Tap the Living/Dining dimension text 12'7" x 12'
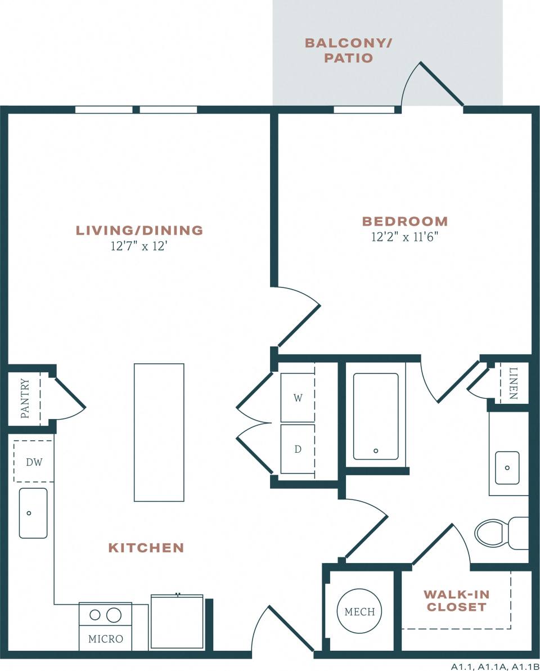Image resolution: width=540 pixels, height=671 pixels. [139, 246]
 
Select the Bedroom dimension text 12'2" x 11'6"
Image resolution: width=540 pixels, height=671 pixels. [404, 237]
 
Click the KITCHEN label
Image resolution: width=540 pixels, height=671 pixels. [146, 547]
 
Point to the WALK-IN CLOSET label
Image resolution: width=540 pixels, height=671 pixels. [456, 601]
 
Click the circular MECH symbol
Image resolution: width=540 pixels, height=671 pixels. [359, 611]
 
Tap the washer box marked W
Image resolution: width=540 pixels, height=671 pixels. [298, 398]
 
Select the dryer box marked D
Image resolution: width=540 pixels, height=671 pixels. [298, 449]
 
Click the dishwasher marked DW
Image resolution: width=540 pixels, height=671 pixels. [34, 462]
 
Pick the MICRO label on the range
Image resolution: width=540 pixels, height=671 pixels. [106, 639]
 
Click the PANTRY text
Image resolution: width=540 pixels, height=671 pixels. [25, 398]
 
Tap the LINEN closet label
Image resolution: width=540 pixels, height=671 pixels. [513, 383]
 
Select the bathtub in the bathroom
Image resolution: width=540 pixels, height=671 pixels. [376, 417]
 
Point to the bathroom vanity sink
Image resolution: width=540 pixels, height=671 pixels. [507, 467]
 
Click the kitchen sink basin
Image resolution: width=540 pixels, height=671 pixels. [33, 513]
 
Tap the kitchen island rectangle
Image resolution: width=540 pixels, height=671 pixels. [159, 432]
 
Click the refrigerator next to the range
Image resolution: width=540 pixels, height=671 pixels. [177, 621]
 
